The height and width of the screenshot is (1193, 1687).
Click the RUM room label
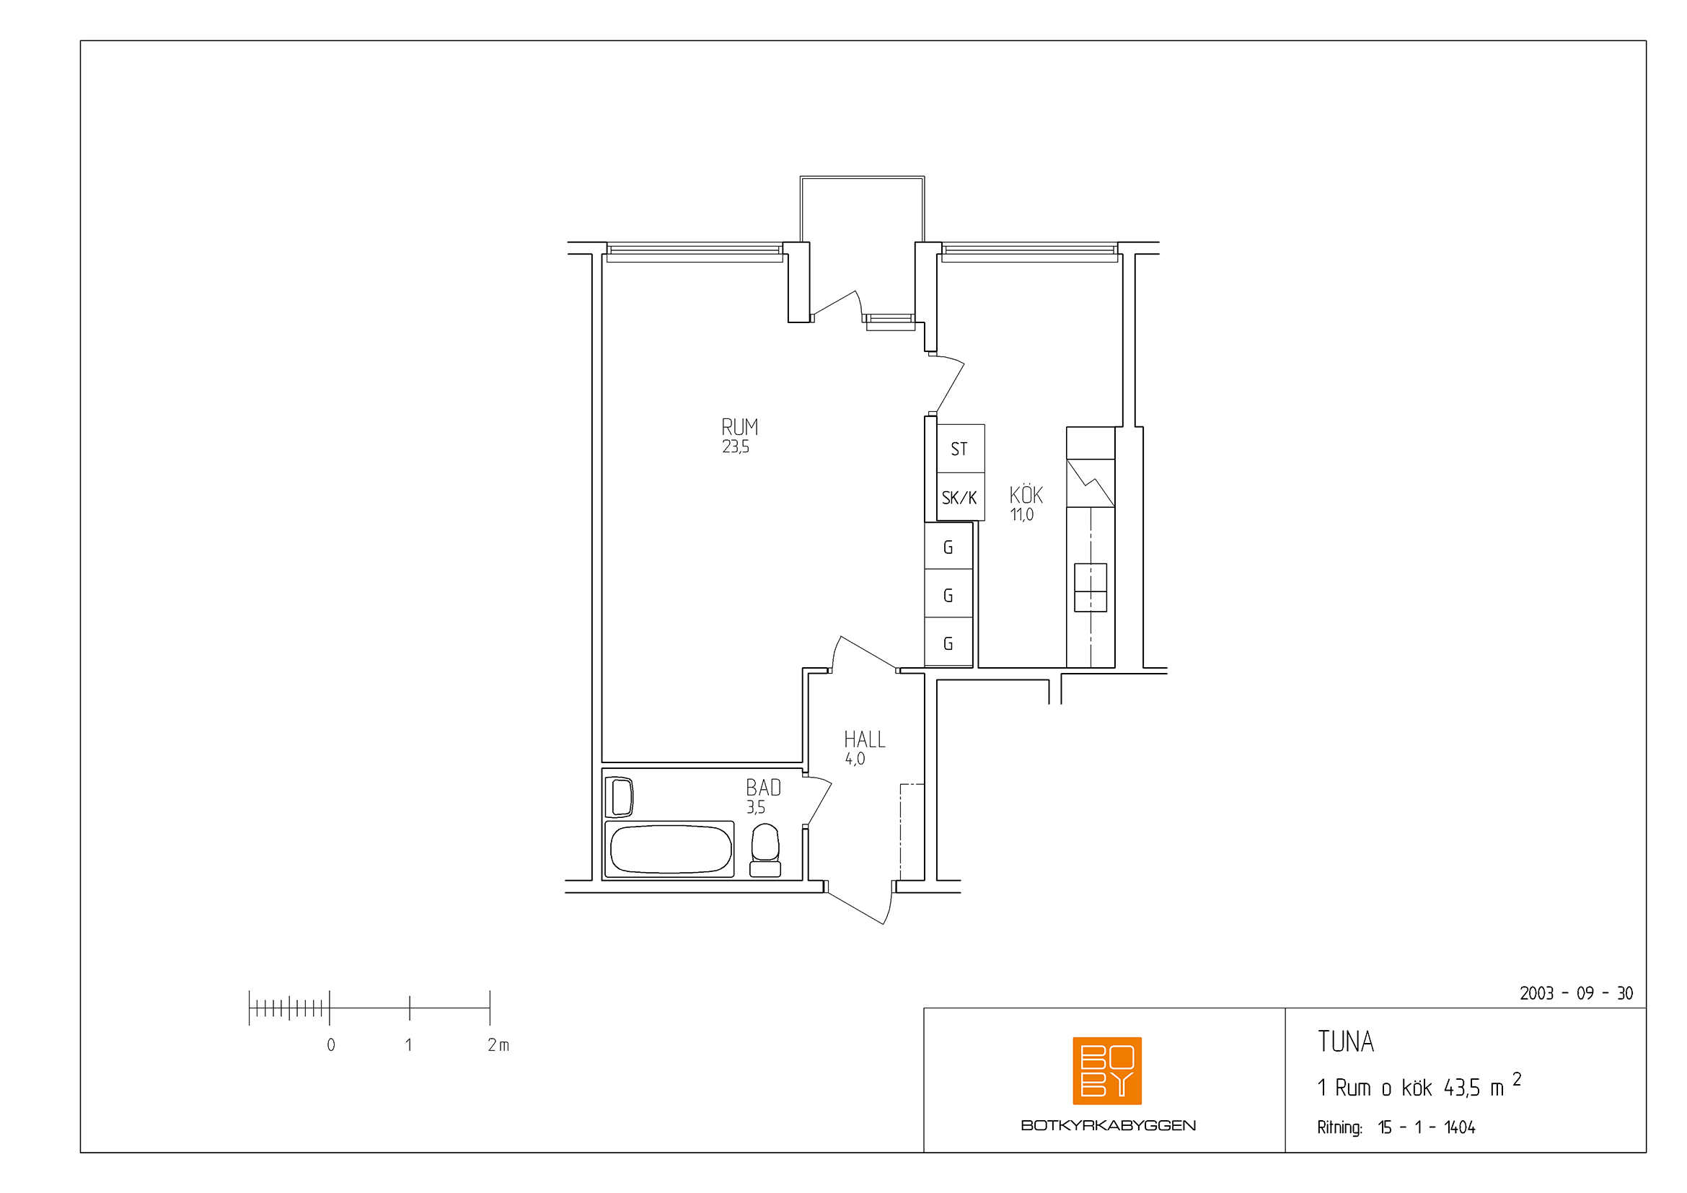pyautogui.click(x=739, y=427)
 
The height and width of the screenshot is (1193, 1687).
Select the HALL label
pyautogui.click(x=864, y=739)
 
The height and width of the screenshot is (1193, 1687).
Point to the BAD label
pyautogui.click(x=763, y=788)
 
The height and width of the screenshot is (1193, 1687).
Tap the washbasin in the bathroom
pyautogui.click(x=620, y=797)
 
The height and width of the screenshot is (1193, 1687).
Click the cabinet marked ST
pyautogui.click(x=960, y=448)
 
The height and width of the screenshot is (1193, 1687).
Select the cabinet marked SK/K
pyautogui.click(x=960, y=496)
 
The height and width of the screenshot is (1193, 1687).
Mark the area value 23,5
pyautogui.click(x=736, y=446)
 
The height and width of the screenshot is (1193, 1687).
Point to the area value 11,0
pyautogui.click(x=1021, y=514)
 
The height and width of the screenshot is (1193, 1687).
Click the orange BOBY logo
pyautogui.click(x=1106, y=1070)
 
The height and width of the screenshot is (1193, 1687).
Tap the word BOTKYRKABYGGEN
pyautogui.click(x=1108, y=1125)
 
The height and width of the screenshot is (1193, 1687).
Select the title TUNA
pyautogui.click(x=1345, y=1042)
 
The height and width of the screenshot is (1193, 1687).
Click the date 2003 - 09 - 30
pyautogui.click(x=1576, y=993)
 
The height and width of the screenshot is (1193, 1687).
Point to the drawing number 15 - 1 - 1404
pyautogui.click(x=1426, y=1127)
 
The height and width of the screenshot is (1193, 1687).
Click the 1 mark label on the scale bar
pyautogui.click(x=408, y=1044)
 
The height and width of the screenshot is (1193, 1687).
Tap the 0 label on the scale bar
pyautogui.click(x=330, y=1044)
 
